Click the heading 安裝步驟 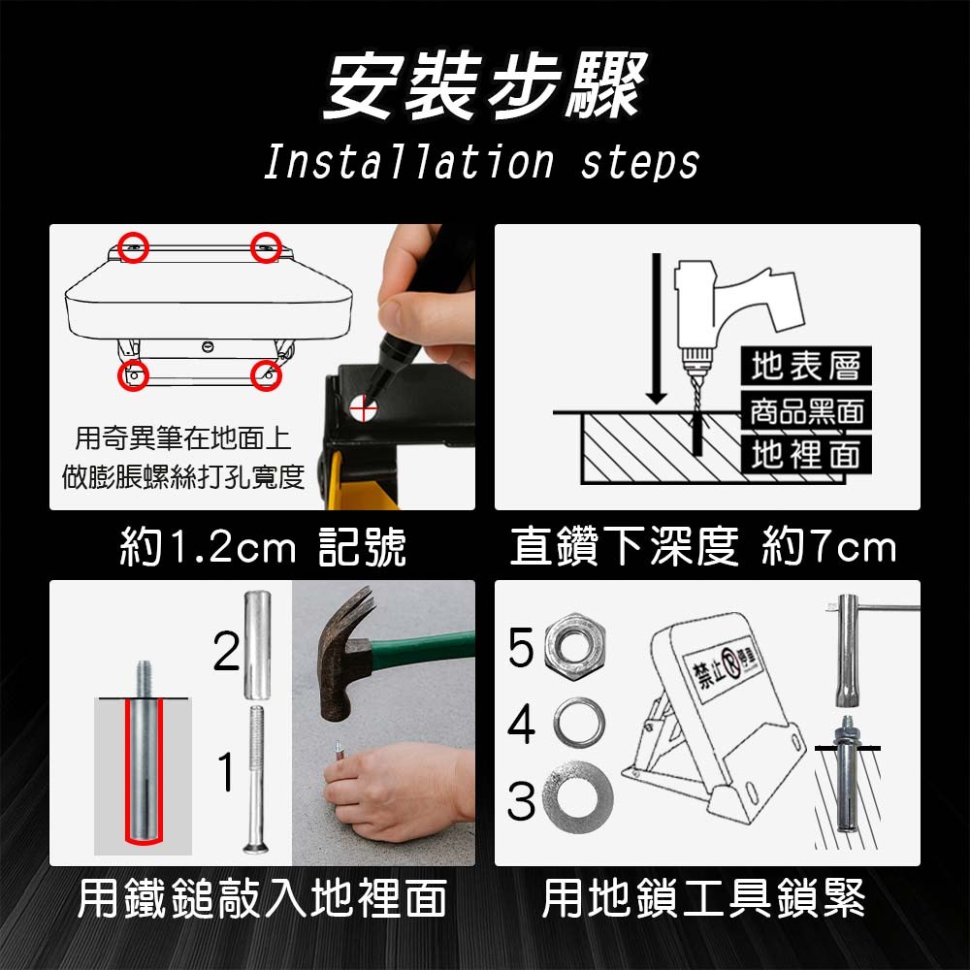(x=485, y=86)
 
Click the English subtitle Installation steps (x=481, y=163)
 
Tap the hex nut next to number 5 (x=574, y=646)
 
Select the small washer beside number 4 (x=579, y=723)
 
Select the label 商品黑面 (x=806, y=410)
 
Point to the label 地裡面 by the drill (x=806, y=455)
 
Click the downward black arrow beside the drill (x=657, y=328)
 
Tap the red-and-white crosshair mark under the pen (x=363, y=408)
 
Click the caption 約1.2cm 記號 (x=262, y=546)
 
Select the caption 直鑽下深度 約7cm (x=702, y=546)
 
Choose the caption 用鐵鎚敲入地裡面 (x=262, y=898)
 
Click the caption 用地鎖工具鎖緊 (x=704, y=898)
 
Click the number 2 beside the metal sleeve (x=226, y=651)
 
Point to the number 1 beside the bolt (x=226, y=771)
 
